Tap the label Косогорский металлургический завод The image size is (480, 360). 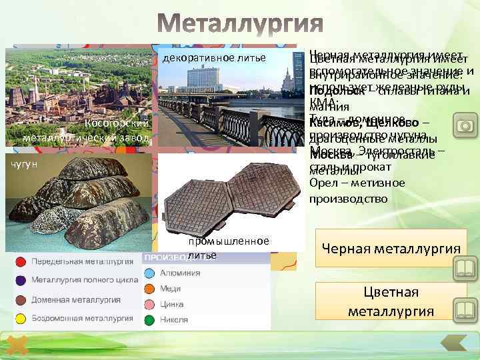(x=80, y=131)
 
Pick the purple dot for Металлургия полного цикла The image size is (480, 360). (x=21, y=280)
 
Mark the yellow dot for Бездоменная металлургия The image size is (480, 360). (x=21, y=318)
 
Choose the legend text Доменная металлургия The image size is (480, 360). (x=74, y=299)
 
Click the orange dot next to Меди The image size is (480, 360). (x=149, y=289)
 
